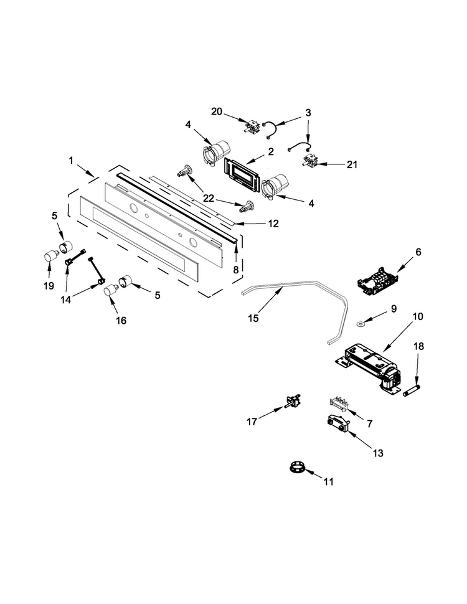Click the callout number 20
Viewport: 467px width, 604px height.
(x=217, y=111)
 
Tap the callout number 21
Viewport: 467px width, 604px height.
(x=352, y=165)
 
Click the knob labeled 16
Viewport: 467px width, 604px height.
(x=111, y=290)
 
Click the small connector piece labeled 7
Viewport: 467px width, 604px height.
(x=339, y=405)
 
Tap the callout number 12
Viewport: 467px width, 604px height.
(x=273, y=224)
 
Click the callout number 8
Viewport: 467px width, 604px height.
(x=236, y=270)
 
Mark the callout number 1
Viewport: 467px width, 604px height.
(x=71, y=161)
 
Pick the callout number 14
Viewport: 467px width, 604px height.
(x=66, y=300)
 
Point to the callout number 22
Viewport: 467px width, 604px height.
(x=209, y=199)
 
